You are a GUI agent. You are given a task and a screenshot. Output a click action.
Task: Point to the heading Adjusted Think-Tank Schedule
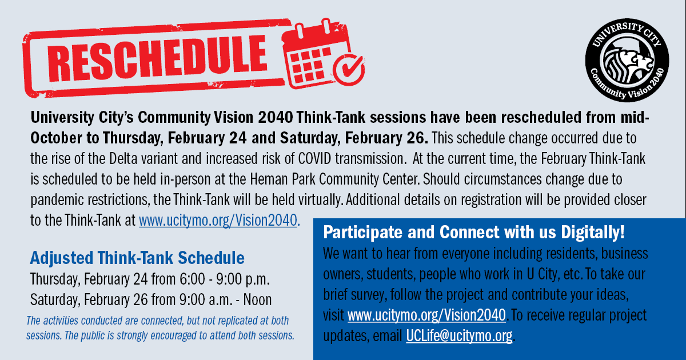(137, 258)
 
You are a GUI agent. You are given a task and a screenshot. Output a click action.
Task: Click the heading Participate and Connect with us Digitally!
(474, 233)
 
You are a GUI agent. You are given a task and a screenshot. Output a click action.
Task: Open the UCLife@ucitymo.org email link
(460, 336)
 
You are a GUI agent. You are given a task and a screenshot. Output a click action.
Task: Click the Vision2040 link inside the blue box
(426, 315)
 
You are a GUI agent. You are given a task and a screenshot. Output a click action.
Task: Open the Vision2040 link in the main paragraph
(218, 221)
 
